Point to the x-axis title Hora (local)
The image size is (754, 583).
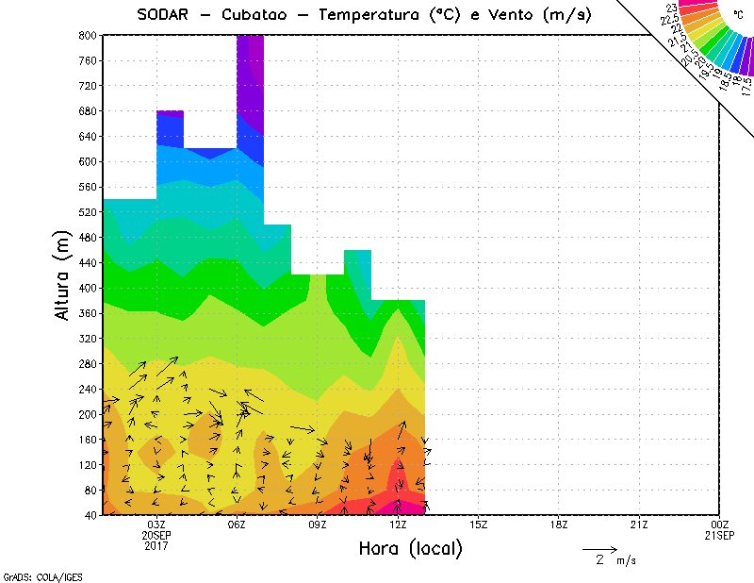click(x=410, y=549)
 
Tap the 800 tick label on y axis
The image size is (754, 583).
click(x=88, y=35)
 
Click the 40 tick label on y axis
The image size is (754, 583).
click(x=90, y=515)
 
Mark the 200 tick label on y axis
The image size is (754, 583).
click(x=88, y=414)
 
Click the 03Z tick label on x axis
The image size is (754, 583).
click(x=156, y=525)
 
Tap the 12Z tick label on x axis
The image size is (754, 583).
click(x=398, y=525)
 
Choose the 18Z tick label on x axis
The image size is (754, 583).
click(x=559, y=525)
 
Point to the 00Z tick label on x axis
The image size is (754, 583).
click(x=720, y=525)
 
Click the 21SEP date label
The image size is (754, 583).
click(x=720, y=535)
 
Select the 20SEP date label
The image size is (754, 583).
click(x=156, y=535)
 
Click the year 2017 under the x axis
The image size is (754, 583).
click(x=156, y=545)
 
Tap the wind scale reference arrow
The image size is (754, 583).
click(x=598, y=548)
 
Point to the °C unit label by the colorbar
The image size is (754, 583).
click(x=739, y=15)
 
